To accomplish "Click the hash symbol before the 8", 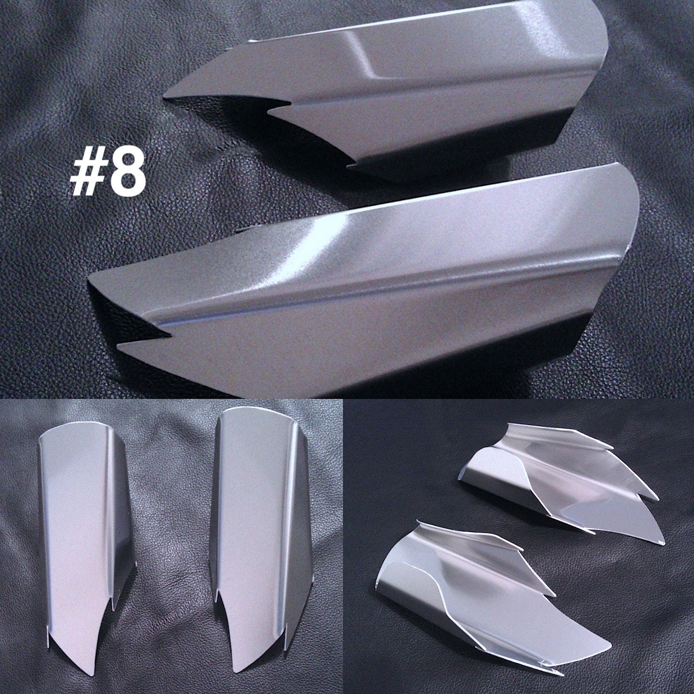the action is click(x=89, y=173).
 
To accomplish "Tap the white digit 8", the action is click(x=127, y=173).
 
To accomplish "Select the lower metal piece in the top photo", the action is click(x=360, y=288).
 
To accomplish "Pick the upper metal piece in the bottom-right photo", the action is click(x=562, y=483).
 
